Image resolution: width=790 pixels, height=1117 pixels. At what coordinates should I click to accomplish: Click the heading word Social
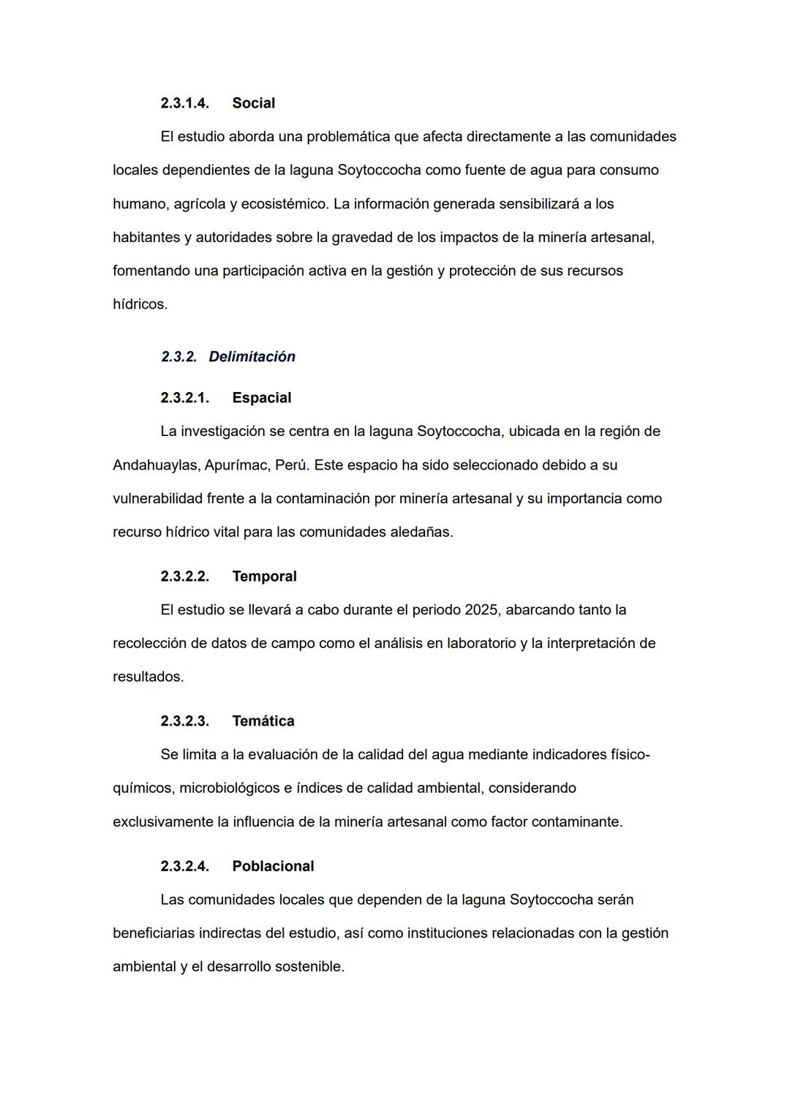[253, 103]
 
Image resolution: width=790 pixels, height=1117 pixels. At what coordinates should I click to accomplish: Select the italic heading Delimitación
[252, 357]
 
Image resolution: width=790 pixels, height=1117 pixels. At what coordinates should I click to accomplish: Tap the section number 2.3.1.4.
[184, 103]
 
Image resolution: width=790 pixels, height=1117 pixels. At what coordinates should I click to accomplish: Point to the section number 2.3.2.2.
[184, 576]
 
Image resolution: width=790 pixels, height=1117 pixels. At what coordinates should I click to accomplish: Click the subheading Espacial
[261, 398]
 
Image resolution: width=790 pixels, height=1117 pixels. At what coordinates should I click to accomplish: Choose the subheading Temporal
[264, 576]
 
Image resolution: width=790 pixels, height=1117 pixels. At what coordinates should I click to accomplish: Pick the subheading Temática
[263, 721]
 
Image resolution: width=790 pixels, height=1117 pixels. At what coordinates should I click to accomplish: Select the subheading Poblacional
[273, 866]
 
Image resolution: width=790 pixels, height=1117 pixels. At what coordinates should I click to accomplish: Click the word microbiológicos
[230, 789]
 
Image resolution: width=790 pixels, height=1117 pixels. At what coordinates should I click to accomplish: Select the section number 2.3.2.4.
[184, 866]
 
